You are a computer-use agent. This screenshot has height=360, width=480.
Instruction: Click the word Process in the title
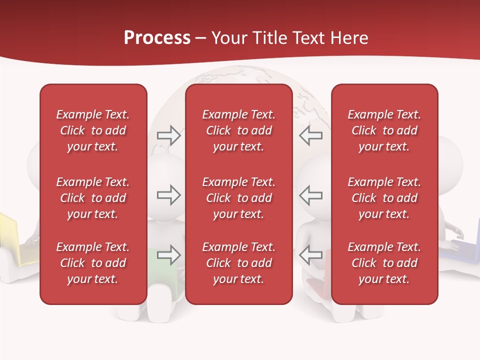(x=157, y=38)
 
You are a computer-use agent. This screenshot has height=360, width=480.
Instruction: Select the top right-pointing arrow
(x=168, y=135)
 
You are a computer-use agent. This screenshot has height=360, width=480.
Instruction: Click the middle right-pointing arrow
(x=168, y=195)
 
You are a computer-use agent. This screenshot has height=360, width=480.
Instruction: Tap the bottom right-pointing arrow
(x=168, y=255)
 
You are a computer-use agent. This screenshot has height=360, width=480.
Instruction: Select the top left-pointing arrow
(x=310, y=135)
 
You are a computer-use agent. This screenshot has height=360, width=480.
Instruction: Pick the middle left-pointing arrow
(x=310, y=195)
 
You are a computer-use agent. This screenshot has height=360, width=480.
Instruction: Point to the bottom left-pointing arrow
(x=310, y=255)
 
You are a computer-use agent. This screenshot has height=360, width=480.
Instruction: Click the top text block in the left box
(x=93, y=130)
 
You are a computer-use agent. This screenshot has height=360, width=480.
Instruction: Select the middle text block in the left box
(x=93, y=198)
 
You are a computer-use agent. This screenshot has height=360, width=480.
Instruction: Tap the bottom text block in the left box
(x=93, y=263)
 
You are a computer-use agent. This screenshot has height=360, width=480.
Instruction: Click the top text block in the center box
(x=239, y=130)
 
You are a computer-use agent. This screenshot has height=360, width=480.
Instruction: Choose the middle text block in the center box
(x=239, y=198)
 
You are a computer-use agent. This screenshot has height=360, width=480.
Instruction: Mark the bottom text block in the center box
(x=239, y=263)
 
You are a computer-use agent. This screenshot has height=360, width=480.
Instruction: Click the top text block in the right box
(x=384, y=130)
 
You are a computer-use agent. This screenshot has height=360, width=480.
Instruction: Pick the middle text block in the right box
(x=384, y=198)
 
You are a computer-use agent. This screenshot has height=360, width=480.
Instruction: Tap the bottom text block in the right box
(x=384, y=263)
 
